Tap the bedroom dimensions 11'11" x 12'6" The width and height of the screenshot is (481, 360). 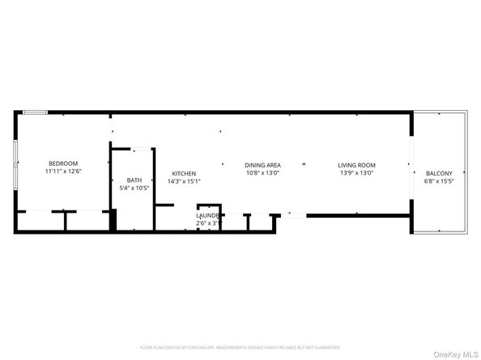(62, 172)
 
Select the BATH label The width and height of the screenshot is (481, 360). (134, 180)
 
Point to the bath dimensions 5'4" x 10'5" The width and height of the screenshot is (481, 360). (134, 188)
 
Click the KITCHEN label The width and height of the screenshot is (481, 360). (183, 174)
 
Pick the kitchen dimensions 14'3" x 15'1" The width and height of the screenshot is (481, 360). (183, 181)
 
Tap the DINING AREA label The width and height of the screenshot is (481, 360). (262, 165)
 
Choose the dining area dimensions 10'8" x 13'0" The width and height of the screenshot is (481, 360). (262, 172)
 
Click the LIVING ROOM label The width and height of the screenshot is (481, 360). (356, 165)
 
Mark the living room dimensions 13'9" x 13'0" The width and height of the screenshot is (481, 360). (356, 172)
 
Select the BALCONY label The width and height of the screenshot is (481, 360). (439, 174)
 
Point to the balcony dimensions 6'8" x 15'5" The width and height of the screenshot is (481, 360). (439, 181)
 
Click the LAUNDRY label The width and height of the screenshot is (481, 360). (208, 215)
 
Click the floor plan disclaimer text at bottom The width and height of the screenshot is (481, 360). (240, 347)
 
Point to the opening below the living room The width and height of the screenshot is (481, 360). (295, 215)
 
